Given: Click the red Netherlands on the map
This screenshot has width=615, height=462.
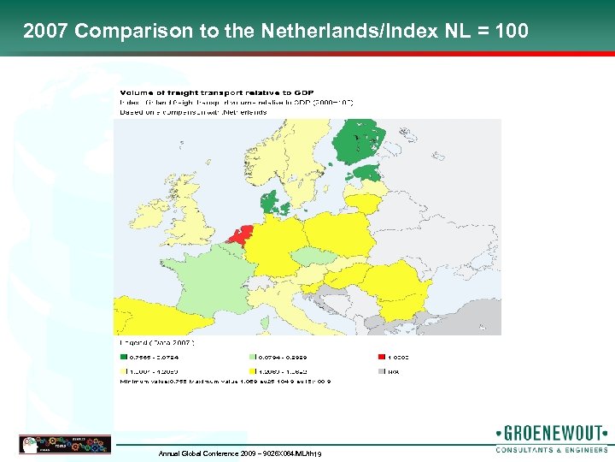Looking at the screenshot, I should coord(243,234).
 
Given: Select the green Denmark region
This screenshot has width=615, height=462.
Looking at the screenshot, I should coord(271,203).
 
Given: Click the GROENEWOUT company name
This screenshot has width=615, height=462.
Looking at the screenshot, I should coord(552,432).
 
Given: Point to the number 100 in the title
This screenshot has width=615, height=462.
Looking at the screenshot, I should coord(510,32).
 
